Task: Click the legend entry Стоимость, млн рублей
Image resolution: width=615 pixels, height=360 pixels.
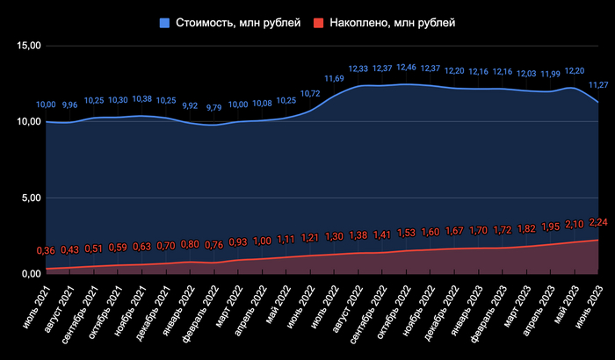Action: click(x=232, y=21)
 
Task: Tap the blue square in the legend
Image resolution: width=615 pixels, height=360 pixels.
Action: click(x=165, y=21)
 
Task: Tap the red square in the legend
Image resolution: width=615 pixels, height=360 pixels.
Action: click(x=322, y=21)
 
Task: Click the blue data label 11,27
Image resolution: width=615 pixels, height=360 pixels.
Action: click(x=598, y=85)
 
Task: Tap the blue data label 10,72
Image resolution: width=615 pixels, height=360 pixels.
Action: click(x=309, y=93)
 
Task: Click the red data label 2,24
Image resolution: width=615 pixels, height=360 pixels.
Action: click(x=598, y=221)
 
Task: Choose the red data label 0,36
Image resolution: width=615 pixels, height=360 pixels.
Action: click(x=46, y=251)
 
